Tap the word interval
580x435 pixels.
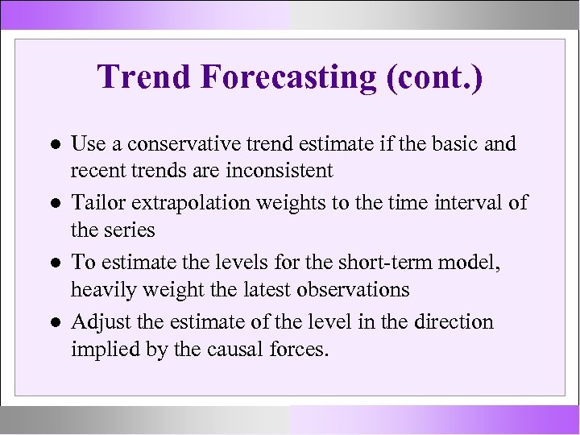pos(469,203)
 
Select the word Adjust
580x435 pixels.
pos(96,322)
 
